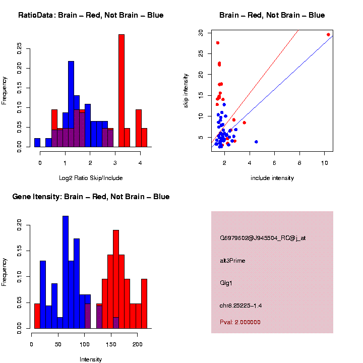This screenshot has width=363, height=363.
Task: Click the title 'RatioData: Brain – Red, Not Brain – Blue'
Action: [91, 15]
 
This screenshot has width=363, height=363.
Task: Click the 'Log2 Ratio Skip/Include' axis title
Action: [90, 177]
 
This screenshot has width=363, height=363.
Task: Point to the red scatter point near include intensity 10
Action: [328, 35]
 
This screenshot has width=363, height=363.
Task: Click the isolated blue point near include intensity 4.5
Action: [256, 142]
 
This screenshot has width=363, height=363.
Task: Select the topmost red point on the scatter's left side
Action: [218, 43]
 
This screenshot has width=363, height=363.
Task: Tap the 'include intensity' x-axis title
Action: [272, 177]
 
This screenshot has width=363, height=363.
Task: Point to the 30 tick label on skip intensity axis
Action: [201, 32]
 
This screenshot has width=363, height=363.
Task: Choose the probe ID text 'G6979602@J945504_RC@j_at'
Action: [263, 237]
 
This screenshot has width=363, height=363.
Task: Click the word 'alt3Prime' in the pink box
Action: [232, 261]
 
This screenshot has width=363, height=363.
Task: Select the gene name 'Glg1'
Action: [226, 282]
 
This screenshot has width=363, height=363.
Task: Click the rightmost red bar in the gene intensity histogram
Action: [144, 304]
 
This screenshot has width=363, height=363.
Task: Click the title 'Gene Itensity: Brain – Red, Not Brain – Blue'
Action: [91, 197]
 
